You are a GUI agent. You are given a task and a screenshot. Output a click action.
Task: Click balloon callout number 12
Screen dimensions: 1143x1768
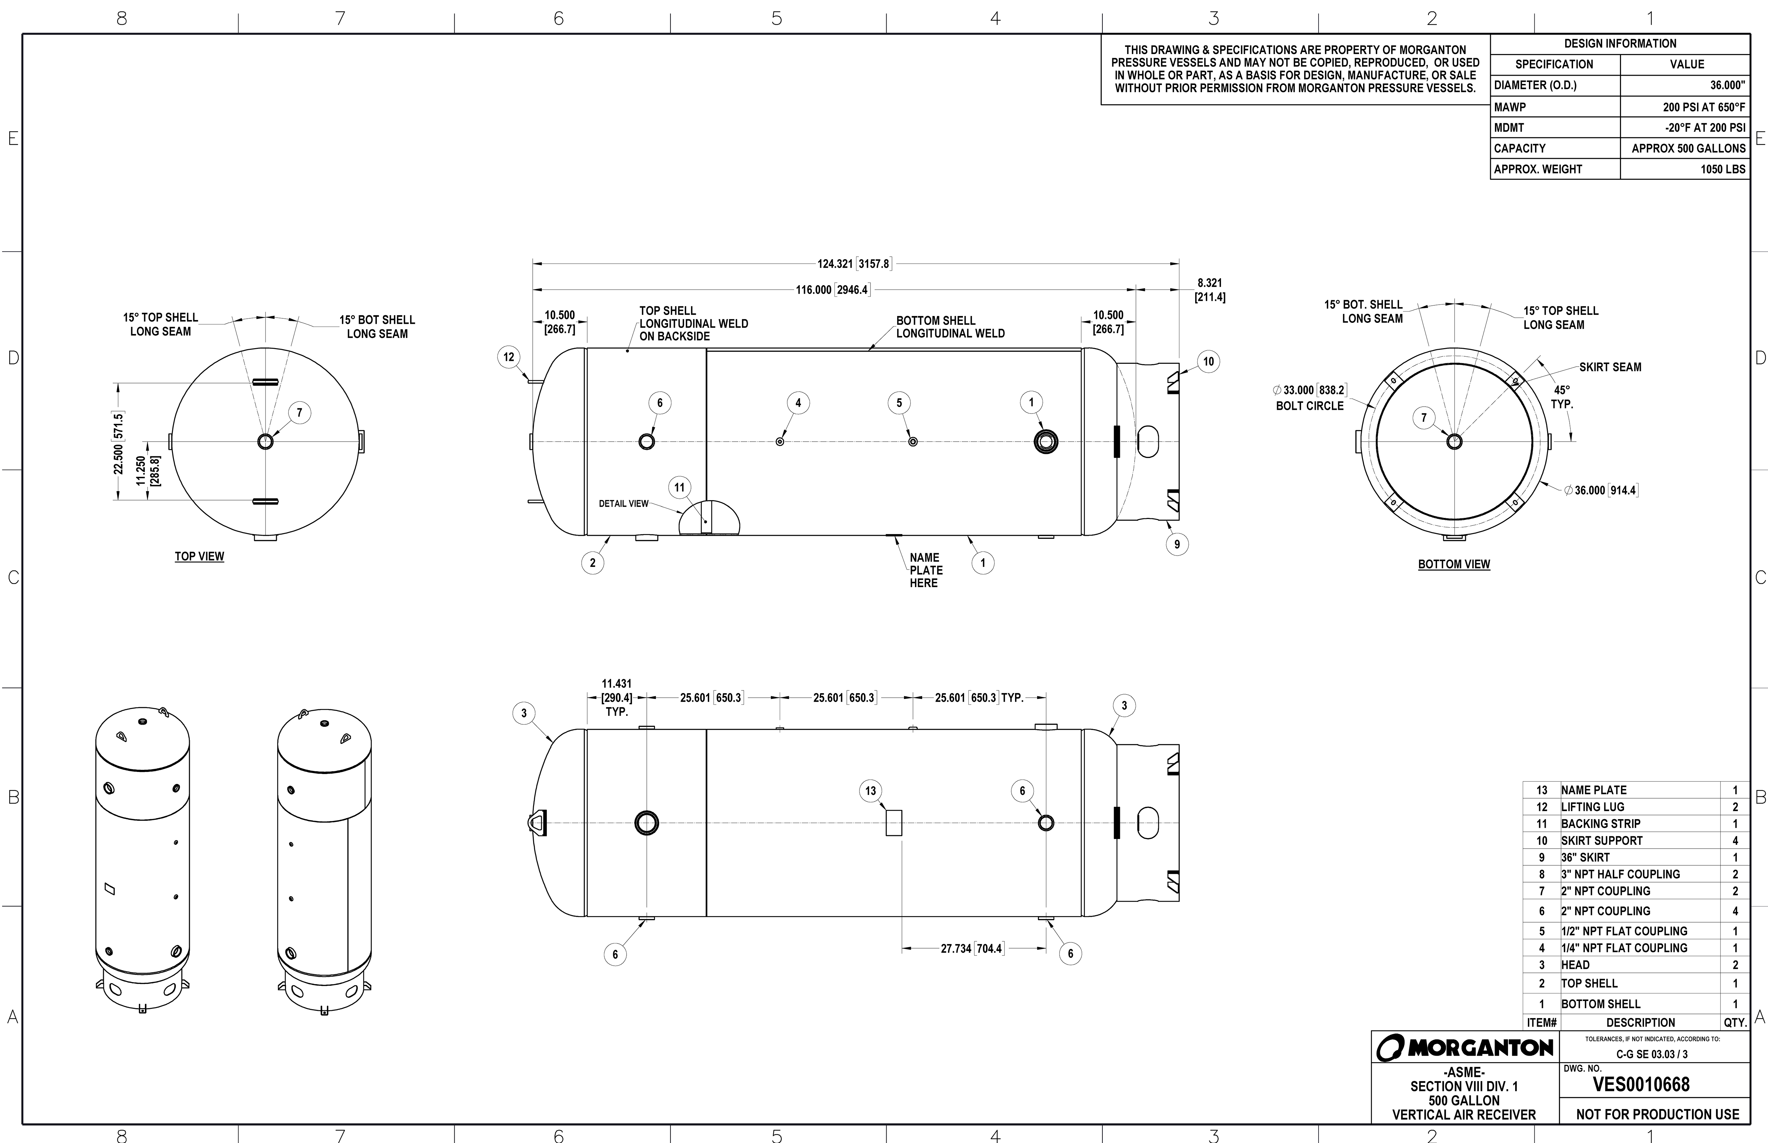click(509, 357)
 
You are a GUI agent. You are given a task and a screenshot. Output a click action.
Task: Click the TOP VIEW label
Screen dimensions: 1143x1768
click(199, 557)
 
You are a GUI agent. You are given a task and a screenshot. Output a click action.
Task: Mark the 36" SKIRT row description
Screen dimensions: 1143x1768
click(1585, 857)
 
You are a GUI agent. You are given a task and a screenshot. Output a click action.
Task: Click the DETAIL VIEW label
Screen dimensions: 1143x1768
click(623, 504)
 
